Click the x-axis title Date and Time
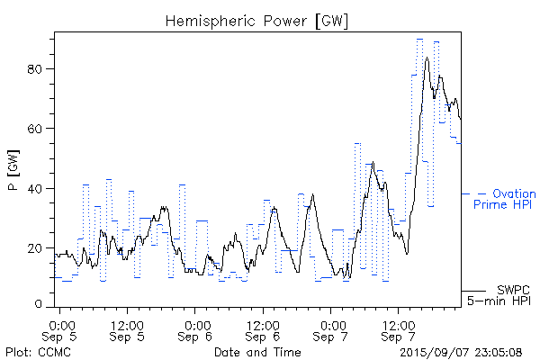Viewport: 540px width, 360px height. point(257,352)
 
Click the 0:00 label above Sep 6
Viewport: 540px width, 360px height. point(195,323)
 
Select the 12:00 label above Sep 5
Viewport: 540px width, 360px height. point(127,323)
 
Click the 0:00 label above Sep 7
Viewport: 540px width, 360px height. point(331,323)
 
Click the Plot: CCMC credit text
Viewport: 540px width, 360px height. point(33,352)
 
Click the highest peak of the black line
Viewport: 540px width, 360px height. point(427,58)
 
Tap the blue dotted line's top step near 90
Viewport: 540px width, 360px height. point(419,40)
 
